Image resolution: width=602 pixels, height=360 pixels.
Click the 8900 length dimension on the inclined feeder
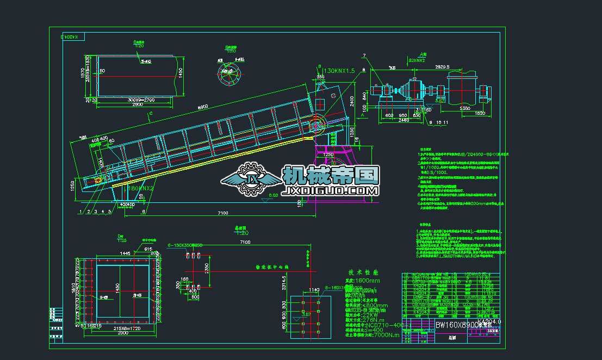point(203,108)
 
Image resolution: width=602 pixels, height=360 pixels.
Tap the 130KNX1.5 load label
point(339,71)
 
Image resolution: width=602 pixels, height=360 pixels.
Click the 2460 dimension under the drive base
point(403,120)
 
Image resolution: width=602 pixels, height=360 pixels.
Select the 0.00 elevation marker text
point(273,195)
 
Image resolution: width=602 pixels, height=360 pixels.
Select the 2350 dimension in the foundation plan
point(207,267)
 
